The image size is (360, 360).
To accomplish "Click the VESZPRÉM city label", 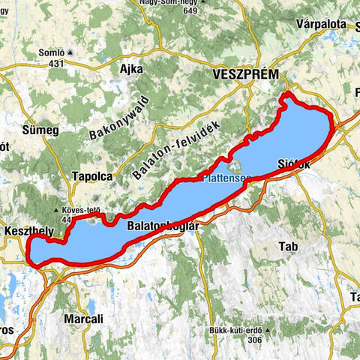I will tap(246, 75).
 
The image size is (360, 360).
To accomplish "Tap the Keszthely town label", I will tap(26, 231).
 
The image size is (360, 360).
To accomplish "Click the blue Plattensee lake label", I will tap(226, 178).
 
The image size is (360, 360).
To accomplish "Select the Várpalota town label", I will tap(321, 24).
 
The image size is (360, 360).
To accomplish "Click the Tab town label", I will tap(288, 247).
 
